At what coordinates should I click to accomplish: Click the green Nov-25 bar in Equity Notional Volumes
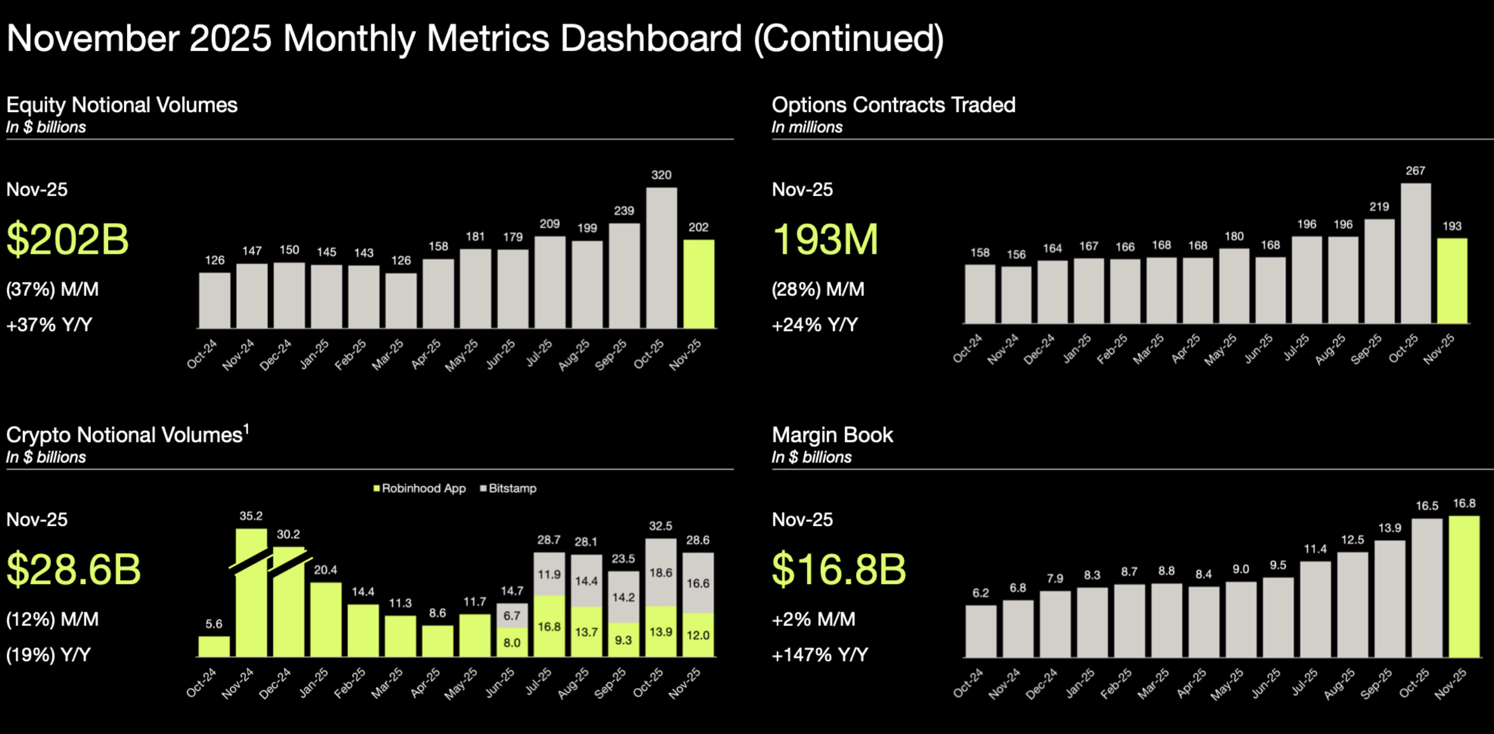click(698, 284)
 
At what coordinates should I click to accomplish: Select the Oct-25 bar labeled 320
click(661, 257)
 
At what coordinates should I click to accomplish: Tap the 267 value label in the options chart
click(1415, 171)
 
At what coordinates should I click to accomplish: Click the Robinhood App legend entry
click(419, 488)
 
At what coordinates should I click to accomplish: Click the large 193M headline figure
click(825, 240)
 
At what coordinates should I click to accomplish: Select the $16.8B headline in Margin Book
click(839, 569)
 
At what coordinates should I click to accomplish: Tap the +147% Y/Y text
click(820, 655)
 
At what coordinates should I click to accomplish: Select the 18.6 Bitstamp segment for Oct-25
click(661, 572)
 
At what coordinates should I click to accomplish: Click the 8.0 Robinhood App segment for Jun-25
click(511, 643)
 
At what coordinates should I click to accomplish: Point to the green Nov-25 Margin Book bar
click(1464, 586)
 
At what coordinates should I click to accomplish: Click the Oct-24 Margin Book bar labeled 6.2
click(980, 631)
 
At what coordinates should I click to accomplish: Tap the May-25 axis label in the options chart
click(1221, 350)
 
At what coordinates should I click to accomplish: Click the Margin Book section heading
click(832, 435)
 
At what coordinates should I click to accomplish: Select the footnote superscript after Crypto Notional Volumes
click(247, 429)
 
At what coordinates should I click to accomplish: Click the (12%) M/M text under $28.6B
click(52, 619)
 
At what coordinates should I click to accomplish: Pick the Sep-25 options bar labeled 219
click(1379, 271)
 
